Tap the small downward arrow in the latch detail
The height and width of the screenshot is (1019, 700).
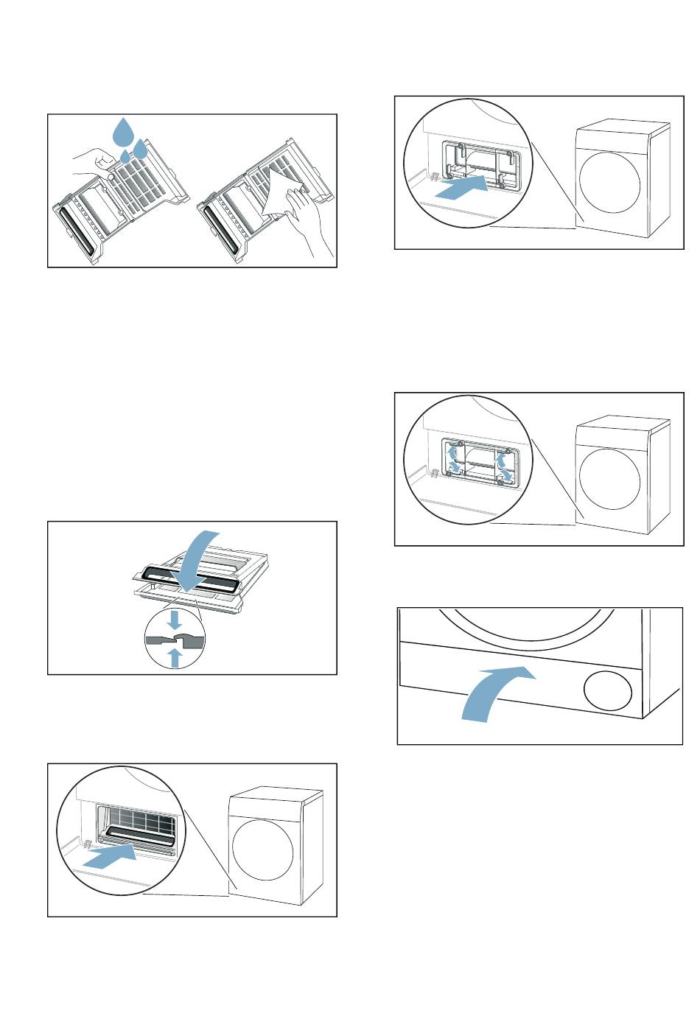(x=175, y=619)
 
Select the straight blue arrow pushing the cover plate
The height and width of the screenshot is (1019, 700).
(x=461, y=189)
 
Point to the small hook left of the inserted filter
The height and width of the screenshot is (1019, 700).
(x=85, y=844)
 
